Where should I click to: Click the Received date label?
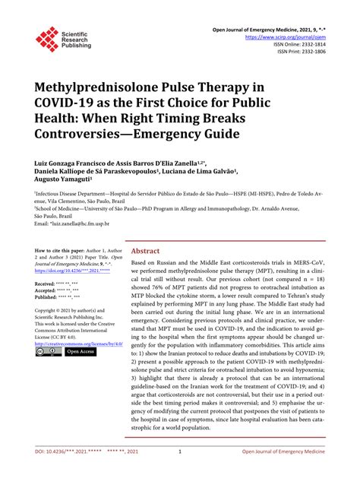50,284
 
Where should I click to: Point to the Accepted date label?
50,290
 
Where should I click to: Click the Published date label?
51,298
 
